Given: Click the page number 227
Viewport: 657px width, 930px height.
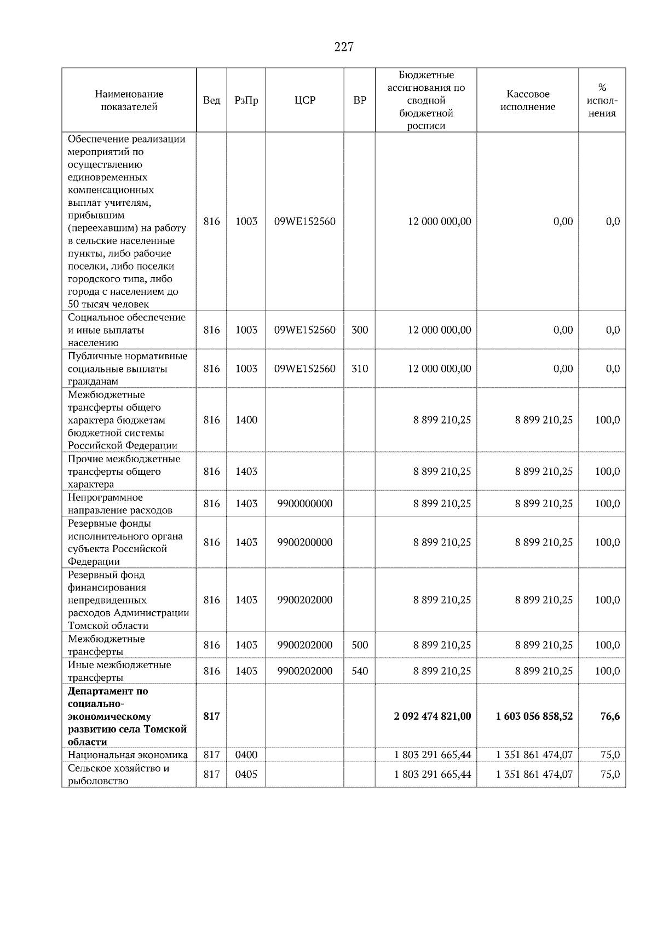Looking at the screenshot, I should click(344, 47).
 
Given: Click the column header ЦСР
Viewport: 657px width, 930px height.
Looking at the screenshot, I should click(305, 100).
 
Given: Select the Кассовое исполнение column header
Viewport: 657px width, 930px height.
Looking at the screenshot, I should click(527, 100).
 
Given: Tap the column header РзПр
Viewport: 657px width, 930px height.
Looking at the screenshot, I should click(246, 100).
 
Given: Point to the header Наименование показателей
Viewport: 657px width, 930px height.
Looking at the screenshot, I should click(129, 100).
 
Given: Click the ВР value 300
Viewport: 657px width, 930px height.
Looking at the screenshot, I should click(360, 330).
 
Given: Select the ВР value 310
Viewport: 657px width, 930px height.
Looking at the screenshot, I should click(360, 369).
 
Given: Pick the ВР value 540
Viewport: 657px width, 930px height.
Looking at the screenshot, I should click(360, 671).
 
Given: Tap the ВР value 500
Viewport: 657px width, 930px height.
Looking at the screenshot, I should click(360, 645).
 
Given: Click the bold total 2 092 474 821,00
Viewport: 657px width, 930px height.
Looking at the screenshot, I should click(432, 716).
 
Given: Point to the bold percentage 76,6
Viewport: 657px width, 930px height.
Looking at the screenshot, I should click(610, 716).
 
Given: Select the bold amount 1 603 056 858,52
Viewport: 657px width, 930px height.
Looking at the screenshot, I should click(534, 716).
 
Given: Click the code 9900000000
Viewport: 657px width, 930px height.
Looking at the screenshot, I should click(305, 504).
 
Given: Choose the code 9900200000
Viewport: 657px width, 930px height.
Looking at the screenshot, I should click(305, 542).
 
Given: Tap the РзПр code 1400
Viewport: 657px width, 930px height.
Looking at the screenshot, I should click(246, 420).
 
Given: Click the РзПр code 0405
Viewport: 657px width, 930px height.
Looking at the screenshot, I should click(246, 774).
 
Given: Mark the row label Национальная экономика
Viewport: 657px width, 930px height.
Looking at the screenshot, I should click(128, 755).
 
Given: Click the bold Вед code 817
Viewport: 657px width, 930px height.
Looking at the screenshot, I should click(211, 716).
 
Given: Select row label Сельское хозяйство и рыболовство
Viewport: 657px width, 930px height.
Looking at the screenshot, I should click(118, 774).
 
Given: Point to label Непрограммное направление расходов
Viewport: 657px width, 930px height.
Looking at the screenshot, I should click(120, 504).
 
